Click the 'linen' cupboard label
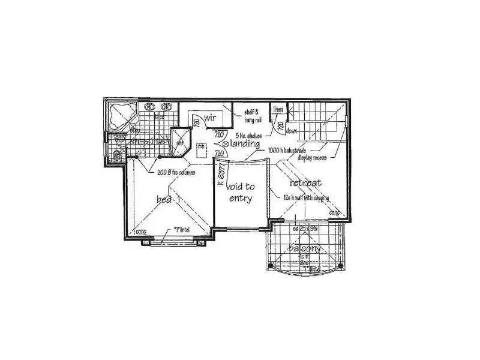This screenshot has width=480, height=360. pos(278,109)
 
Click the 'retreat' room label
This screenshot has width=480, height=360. pos(305,182)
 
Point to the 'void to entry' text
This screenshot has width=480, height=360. pos(241,193)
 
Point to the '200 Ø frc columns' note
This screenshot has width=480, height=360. pos(176,172)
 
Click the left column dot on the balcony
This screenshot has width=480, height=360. pos(271,265)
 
